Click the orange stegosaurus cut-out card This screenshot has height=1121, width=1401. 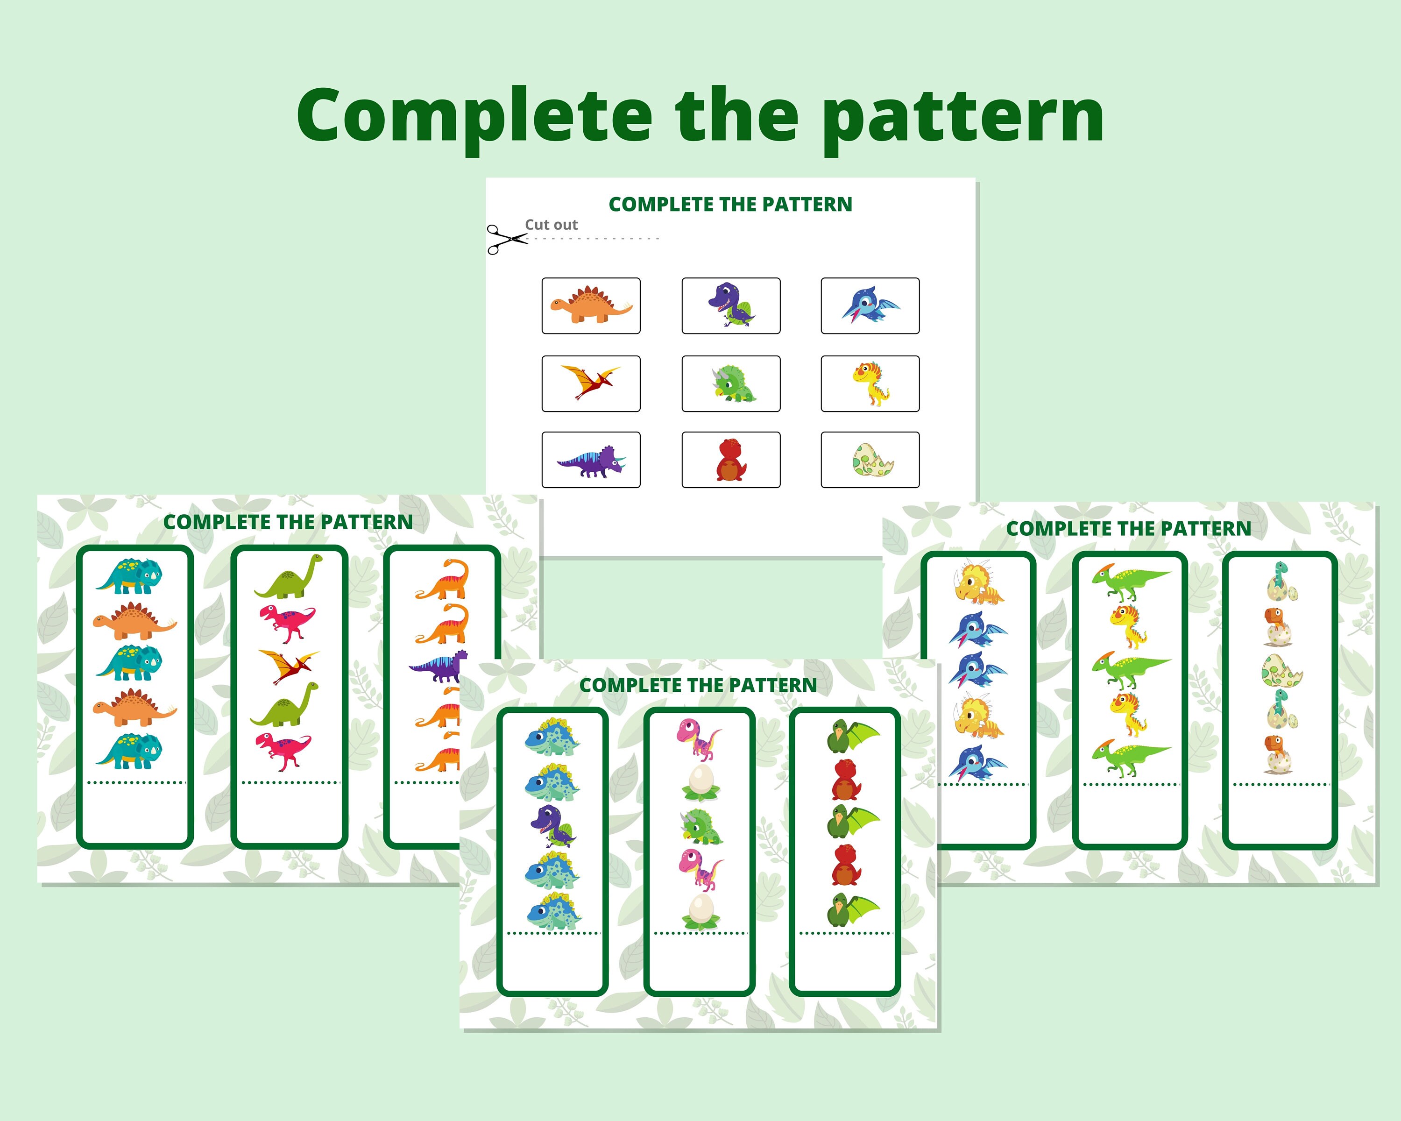(591, 305)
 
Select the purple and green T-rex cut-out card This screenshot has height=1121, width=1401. (730, 305)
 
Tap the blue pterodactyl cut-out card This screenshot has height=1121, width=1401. (870, 305)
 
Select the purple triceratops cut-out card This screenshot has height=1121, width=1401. (591, 460)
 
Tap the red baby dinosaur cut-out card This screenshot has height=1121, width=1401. (730, 460)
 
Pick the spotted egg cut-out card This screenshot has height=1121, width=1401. (870, 460)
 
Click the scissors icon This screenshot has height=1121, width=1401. (506, 239)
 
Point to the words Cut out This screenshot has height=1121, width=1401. (551, 225)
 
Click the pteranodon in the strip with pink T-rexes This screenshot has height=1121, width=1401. (288, 667)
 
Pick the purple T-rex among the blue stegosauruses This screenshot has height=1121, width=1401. (553, 826)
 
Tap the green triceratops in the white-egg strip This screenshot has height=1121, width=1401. (700, 826)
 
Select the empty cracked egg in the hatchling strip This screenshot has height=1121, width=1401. (1281, 671)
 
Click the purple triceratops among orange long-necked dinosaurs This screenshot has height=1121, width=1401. (438, 666)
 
